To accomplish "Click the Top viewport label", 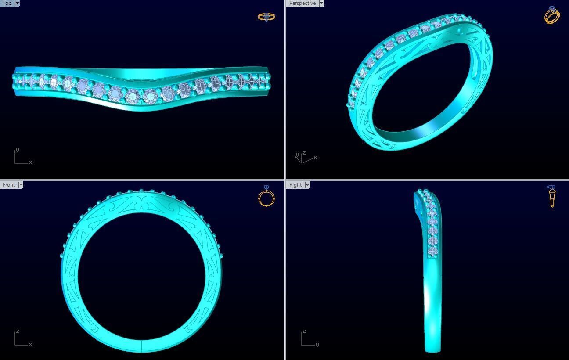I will [x=7, y=3].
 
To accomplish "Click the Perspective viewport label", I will [x=302, y=3].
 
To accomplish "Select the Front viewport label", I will [x=8, y=185].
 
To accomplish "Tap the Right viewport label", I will [x=295, y=185].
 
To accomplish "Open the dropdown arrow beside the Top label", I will [x=17, y=3].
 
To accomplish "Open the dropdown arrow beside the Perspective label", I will [x=321, y=3].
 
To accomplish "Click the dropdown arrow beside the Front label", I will [x=20, y=185].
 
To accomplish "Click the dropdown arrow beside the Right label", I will [x=307, y=185].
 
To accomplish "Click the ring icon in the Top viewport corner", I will [x=266, y=17].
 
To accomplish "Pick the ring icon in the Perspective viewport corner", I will [x=552, y=15].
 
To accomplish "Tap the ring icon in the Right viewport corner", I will [x=551, y=196].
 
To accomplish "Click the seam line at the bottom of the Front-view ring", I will [x=141, y=346].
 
